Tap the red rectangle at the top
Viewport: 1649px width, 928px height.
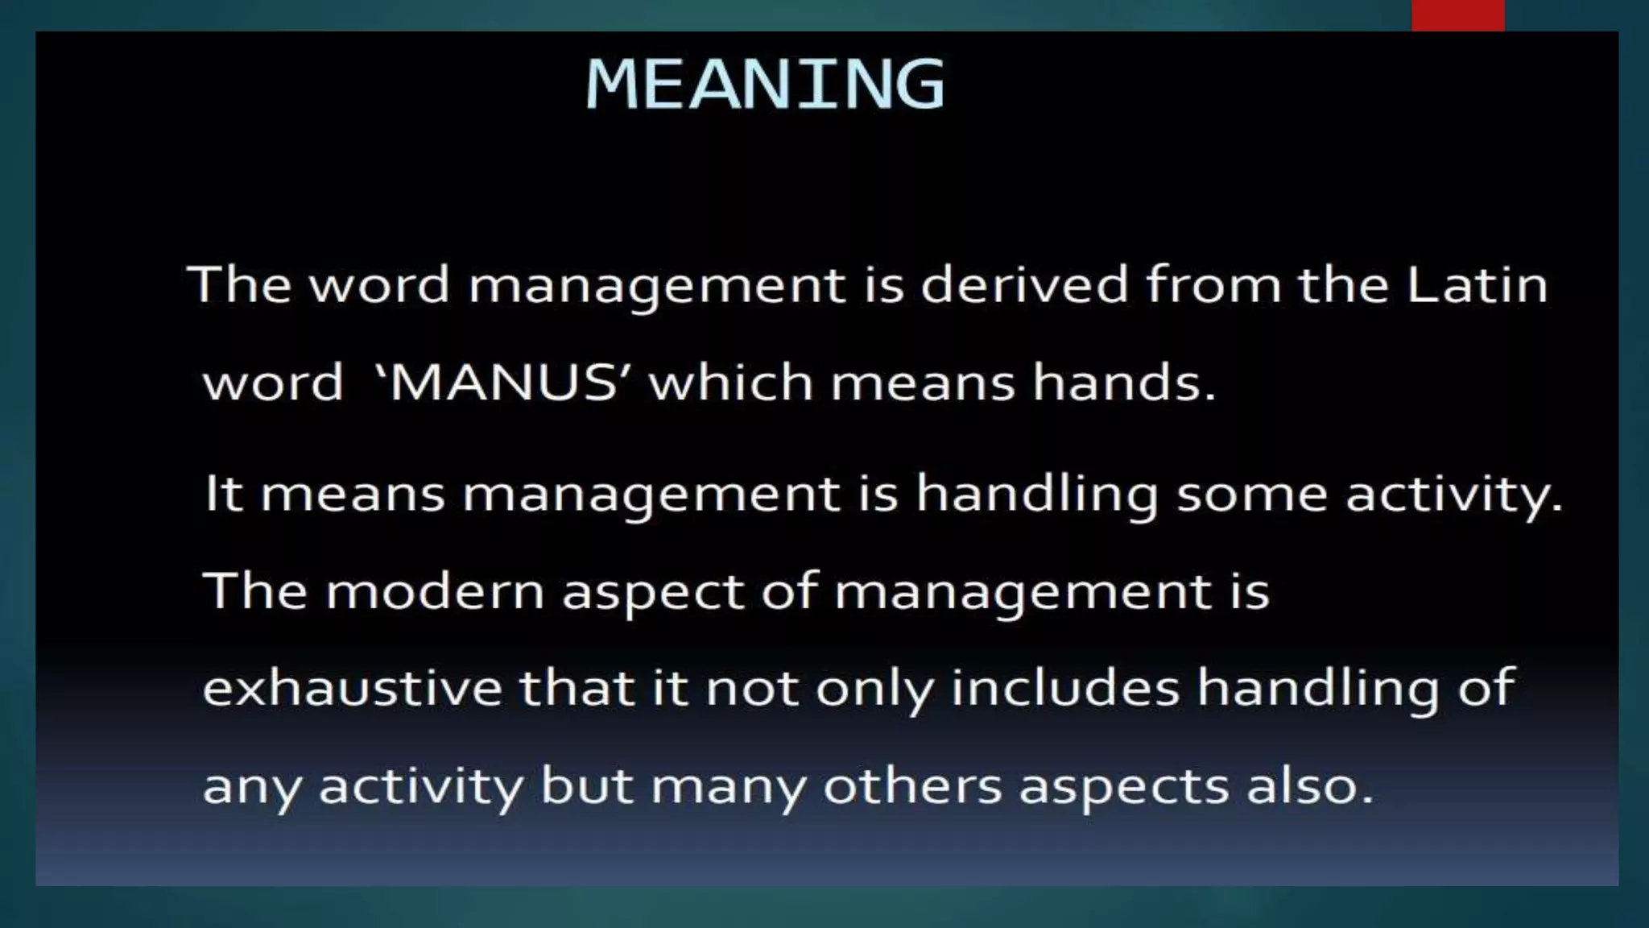(x=1457, y=15)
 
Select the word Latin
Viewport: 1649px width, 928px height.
(x=1477, y=285)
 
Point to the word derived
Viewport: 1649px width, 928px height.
(x=1024, y=285)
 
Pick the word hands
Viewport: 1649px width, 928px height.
(x=1124, y=382)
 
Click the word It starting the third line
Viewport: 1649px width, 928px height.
(x=223, y=493)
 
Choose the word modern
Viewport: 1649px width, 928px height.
(x=436, y=591)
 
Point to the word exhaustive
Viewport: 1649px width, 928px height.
(x=352, y=688)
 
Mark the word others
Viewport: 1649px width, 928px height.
(x=912, y=785)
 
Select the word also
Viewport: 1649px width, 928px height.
(x=1309, y=785)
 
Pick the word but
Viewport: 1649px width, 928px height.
(x=587, y=785)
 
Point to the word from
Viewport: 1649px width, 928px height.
(x=1213, y=285)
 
